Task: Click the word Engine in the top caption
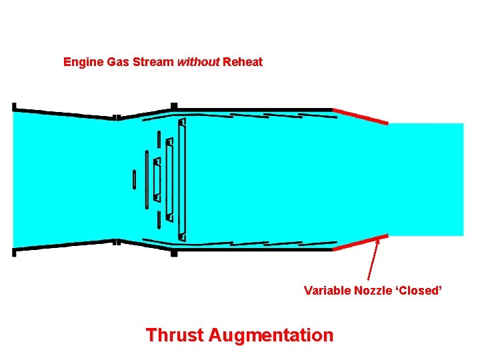[x=82, y=62]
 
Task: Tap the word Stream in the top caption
[x=153, y=62]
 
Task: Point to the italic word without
[x=198, y=62]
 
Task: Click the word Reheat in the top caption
[x=243, y=62]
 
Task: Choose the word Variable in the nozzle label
[x=327, y=290]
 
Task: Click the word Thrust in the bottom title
[x=175, y=334]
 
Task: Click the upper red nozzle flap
[x=360, y=116]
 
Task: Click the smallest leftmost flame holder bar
[x=134, y=179]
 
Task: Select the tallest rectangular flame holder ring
[x=182, y=179]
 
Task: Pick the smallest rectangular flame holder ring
[x=157, y=179]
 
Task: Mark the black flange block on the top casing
[x=174, y=106]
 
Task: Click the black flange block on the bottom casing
[x=174, y=253]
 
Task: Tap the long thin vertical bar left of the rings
[x=147, y=179]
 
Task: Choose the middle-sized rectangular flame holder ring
[x=170, y=179]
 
